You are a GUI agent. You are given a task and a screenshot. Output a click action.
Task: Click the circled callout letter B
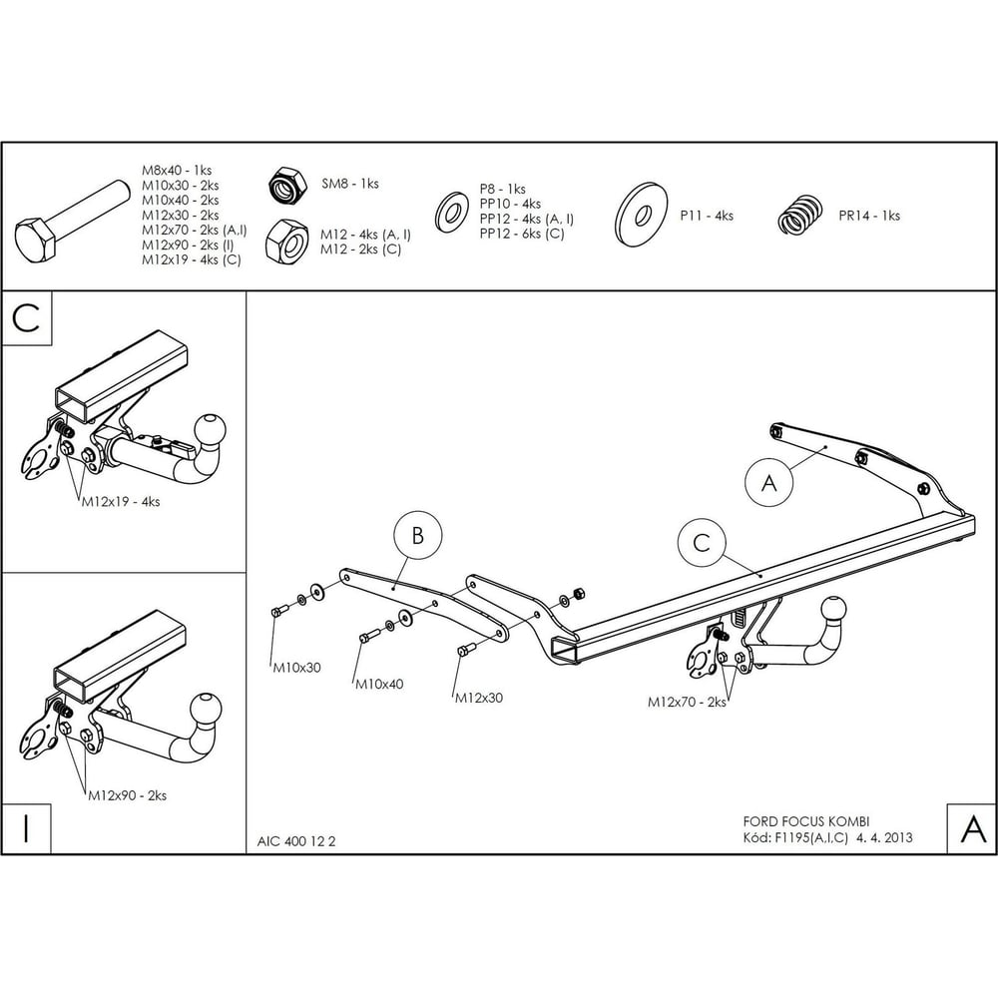[417, 535]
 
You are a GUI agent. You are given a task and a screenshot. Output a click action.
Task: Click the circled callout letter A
[768, 483]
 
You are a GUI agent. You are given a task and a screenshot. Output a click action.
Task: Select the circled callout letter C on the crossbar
[702, 543]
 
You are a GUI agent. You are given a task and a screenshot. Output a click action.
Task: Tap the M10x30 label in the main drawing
[297, 668]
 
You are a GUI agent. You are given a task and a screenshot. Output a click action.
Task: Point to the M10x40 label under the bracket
[379, 685]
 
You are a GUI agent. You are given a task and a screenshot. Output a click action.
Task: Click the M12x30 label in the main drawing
[479, 698]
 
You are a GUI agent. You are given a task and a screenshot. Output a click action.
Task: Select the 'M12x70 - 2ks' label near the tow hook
[687, 702]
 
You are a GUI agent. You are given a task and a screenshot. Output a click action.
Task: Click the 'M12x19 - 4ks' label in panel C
[121, 502]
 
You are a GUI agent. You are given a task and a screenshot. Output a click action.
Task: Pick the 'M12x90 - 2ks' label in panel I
[128, 795]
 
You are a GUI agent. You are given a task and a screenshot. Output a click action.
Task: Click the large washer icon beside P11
[641, 215]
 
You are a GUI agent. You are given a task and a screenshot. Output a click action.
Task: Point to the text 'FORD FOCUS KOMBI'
[806, 821]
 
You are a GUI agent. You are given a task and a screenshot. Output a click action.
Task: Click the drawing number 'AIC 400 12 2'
[296, 841]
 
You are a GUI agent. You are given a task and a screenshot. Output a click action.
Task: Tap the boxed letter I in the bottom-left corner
[26, 828]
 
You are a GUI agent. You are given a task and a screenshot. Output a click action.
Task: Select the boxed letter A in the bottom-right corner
[972, 828]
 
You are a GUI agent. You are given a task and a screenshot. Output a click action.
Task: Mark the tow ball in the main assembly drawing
[833, 611]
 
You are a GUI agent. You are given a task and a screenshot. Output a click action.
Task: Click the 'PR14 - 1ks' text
[869, 216]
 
